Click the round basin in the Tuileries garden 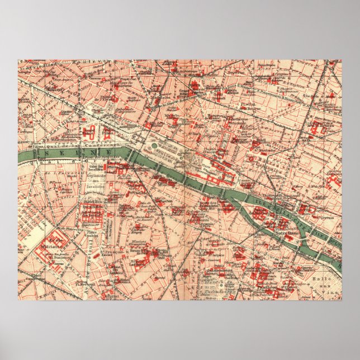point(153,147)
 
